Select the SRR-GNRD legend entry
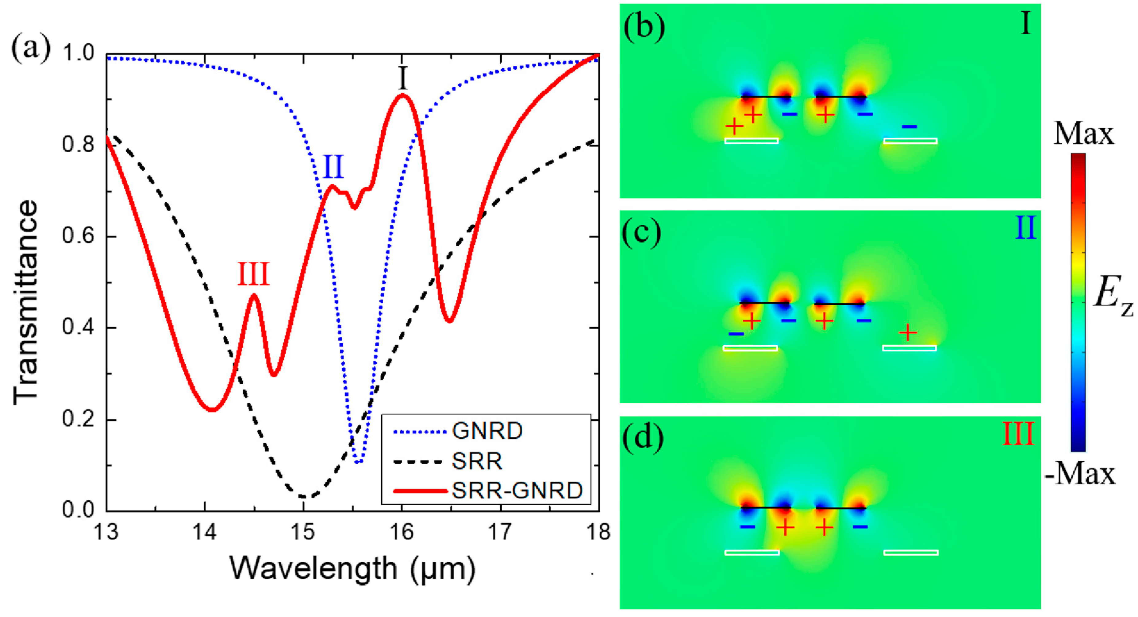pyautogui.click(x=517, y=491)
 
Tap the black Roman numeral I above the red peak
pyautogui.click(x=402, y=78)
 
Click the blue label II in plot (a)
pyautogui.click(x=333, y=167)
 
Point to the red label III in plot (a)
pyautogui.click(x=253, y=274)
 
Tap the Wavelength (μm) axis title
pyautogui.click(x=352, y=569)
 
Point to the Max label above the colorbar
pyautogui.click(x=1083, y=134)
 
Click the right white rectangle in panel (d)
pyautogui.click(x=911, y=553)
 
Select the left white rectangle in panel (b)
pyautogui.click(x=752, y=141)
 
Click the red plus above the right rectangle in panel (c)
pyautogui.click(x=908, y=332)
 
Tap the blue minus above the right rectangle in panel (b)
pyautogui.click(x=909, y=127)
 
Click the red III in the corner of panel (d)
pyautogui.click(x=1018, y=434)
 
